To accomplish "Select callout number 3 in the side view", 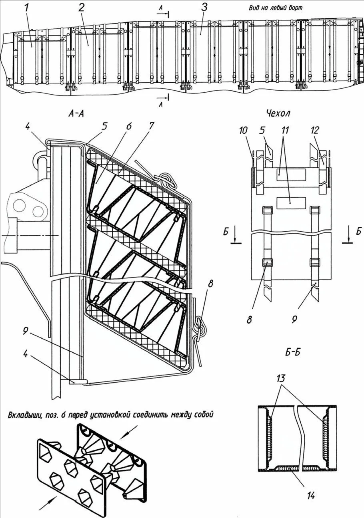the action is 204,8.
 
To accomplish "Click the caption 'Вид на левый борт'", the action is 276,8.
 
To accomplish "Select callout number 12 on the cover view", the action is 315,131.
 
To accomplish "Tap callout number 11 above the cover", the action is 285,131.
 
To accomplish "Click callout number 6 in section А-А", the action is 129,126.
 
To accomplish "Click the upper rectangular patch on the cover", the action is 291,175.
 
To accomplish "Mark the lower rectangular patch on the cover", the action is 291,201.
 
